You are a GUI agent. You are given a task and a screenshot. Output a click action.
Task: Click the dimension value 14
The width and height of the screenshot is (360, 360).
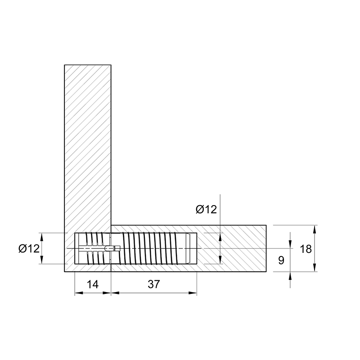click(93, 284)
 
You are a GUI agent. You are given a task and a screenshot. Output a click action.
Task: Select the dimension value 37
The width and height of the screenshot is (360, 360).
click(153, 284)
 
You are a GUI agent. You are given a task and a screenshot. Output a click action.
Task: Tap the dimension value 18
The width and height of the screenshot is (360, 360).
click(306, 249)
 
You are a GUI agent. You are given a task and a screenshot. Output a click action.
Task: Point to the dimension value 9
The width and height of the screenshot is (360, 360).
click(281, 261)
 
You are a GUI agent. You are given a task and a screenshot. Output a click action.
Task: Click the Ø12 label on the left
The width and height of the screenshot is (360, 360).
click(29, 248)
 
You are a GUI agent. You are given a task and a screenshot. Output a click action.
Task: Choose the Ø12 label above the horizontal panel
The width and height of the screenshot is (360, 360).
click(206, 209)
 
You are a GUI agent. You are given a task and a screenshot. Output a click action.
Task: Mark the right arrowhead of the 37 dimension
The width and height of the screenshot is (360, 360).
click(193, 293)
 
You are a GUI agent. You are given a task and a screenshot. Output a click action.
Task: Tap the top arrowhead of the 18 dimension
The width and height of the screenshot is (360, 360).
click(315, 229)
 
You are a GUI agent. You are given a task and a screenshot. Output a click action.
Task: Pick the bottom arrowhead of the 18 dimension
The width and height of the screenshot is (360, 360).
click(315, 268)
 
